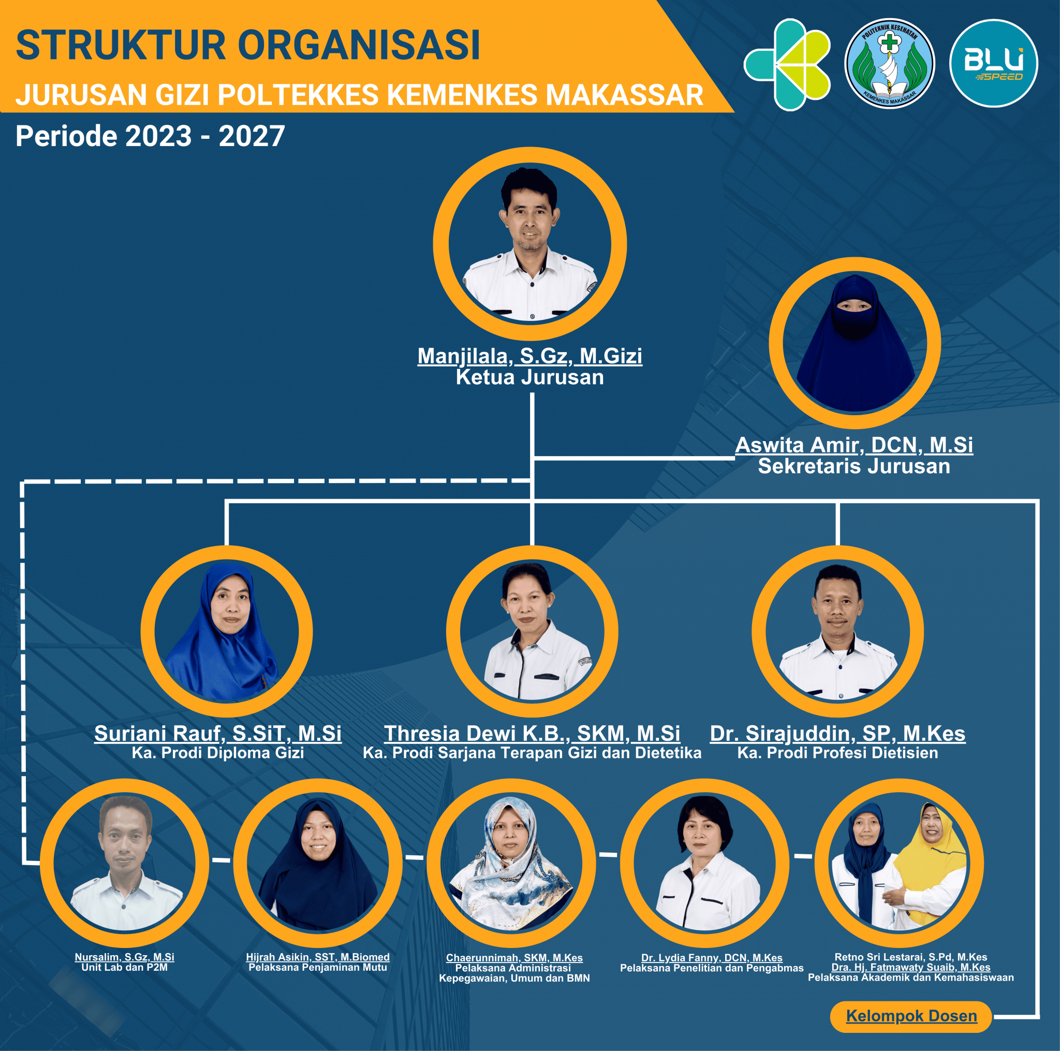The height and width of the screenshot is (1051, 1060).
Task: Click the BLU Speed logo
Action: coord(994,63)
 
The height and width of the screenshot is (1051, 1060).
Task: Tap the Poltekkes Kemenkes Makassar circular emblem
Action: coord(889,63)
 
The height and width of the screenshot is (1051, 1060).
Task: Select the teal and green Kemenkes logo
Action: coord(787,64)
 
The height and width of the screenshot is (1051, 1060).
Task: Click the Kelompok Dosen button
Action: coord(911,1016)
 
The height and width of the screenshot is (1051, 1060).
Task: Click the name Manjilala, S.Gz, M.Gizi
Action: coord(529,356)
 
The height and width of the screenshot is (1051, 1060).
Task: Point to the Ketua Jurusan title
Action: coord(529,377)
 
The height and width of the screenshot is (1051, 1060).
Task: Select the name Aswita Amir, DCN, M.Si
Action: coord(853,445)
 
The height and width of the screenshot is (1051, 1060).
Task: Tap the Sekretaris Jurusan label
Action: coord(853,466)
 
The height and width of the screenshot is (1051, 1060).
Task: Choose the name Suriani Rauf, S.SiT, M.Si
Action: coord(218,733)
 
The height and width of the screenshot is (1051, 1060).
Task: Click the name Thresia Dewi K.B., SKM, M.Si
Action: coord(532,733)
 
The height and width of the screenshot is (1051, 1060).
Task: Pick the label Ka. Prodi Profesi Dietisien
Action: coord(837,752)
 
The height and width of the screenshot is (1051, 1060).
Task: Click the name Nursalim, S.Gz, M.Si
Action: coord(125,957)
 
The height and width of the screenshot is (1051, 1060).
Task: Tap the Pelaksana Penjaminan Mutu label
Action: coord(318,967)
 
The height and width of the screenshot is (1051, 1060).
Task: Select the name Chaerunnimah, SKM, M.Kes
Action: coord(514,958)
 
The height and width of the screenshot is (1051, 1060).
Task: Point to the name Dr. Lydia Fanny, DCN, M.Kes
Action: coord(712,958)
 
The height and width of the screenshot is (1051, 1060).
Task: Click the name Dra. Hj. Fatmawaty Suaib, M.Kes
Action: coord(911,967)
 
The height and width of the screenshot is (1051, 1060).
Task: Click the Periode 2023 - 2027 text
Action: coord(150,136)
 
